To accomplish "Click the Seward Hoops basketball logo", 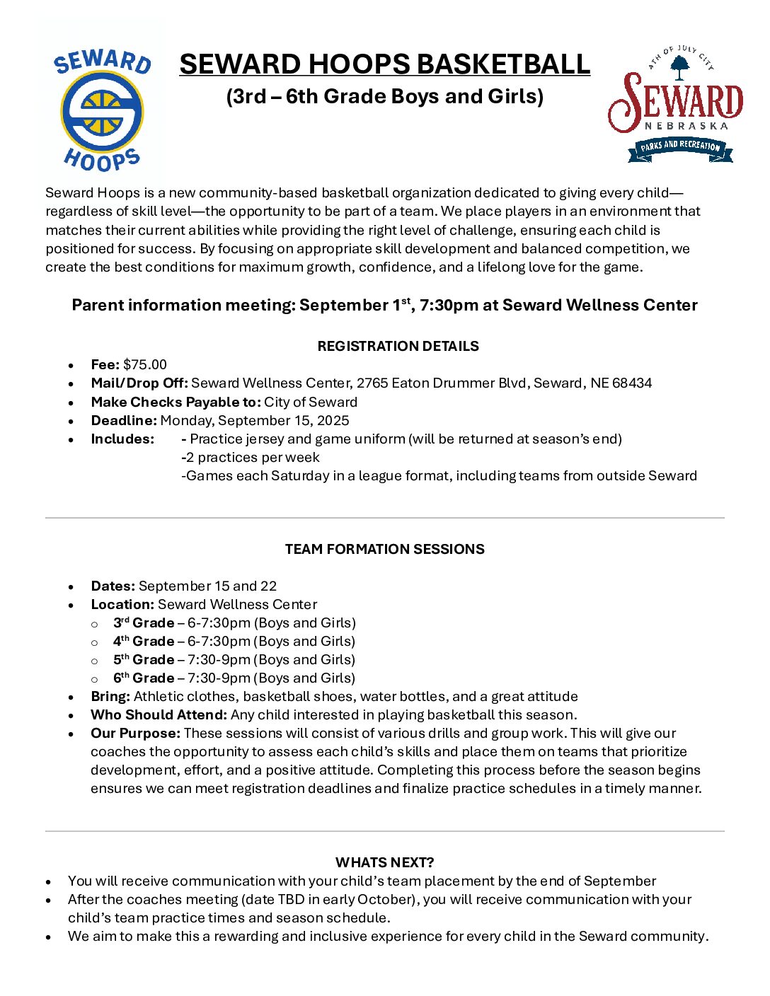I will point(102,110).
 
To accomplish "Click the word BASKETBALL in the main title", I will point(502,64).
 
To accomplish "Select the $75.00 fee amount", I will point(145,364).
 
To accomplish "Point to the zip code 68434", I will point(632,383).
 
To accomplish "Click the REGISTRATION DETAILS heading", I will point(398,346).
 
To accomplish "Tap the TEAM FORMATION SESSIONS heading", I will point(384,549).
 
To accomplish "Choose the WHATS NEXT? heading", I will point(384,862).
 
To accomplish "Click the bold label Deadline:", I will point(124,420).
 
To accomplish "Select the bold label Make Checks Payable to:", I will point(176,402).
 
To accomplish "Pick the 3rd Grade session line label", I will point(144,622).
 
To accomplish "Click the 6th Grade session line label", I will point(144,678).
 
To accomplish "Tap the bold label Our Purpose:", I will point(135,733).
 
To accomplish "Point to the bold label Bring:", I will point(110,696).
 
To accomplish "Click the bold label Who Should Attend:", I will point(159,714).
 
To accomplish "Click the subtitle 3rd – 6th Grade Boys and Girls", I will point(384,96).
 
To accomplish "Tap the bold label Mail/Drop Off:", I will point(139,383).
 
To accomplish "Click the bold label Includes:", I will point(122,439).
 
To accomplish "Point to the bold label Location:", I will point(122,604).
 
